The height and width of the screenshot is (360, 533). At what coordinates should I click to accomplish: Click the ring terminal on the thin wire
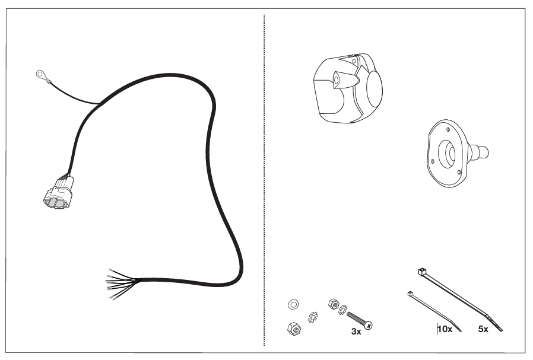[x=41, y=74]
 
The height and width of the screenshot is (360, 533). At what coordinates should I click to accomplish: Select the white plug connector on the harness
[x=59, y=192]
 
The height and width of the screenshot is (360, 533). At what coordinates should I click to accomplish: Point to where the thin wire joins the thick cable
[x=100, y=104]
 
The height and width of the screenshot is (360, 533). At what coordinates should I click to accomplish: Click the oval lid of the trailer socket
[x=374, y=90]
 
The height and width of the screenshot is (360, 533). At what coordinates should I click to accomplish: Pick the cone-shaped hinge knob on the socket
[x=345, y=81]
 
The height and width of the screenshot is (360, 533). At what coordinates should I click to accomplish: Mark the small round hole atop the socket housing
[x=354, y=62]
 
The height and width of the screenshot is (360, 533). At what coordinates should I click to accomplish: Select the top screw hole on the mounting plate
[x=448, y=129]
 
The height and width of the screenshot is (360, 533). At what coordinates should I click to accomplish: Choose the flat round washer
[x=293, y=304]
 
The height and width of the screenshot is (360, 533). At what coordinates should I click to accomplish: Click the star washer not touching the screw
[x=313, y=317]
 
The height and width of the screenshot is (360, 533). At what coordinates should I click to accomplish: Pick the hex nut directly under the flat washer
[x=294, y=329]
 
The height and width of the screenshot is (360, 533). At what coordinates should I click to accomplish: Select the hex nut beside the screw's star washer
[x=334, y=304]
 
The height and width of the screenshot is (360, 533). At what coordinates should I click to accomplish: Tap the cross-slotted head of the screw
[x=368, y=325]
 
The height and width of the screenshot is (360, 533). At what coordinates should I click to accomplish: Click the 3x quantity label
[x=356, y=332]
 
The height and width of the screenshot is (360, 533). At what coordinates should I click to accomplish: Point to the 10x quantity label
[x=445, y=329]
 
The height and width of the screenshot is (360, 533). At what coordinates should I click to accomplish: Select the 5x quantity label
[x=483, y=329]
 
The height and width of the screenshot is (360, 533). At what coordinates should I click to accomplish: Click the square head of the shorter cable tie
[x=410, y=294]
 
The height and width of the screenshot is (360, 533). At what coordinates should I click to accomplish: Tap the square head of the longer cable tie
[x=422, y=272]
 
